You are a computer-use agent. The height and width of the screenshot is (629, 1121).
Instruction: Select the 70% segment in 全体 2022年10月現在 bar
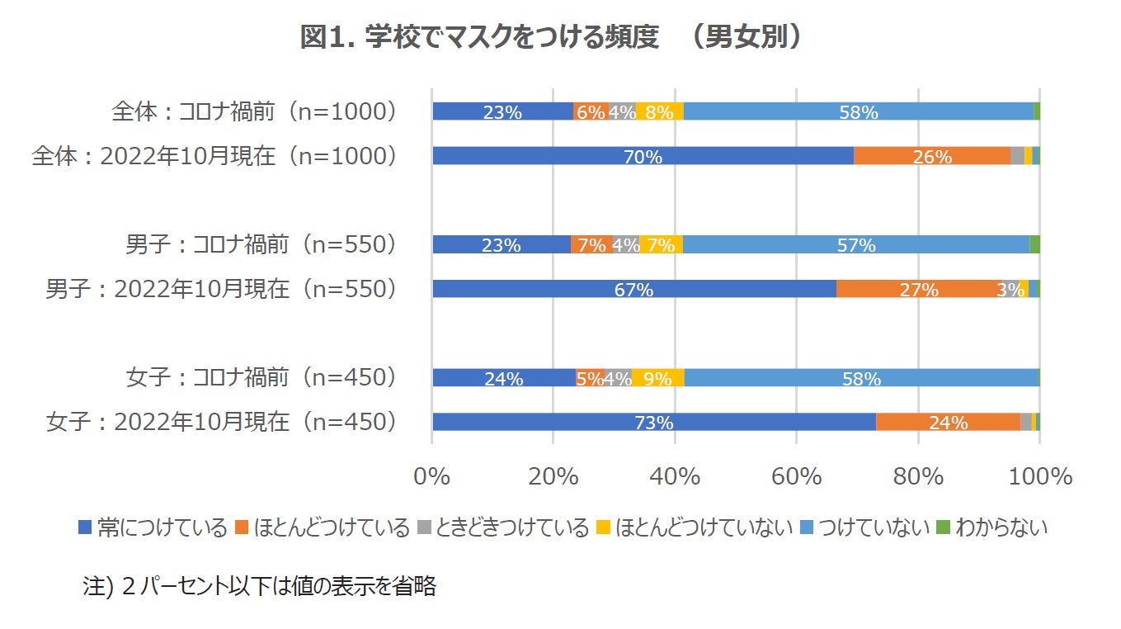click(643, 156)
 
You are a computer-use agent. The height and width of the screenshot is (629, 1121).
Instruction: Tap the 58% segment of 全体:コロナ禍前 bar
click(858, 111)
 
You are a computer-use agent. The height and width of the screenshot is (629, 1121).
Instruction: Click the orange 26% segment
click(932, 156)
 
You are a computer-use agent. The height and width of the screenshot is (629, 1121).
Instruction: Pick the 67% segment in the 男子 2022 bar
click(634, 289)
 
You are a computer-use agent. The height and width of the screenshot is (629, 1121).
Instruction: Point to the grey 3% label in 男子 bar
click(1010, 290)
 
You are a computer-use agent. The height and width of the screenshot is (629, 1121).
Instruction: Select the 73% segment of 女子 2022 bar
click(653, 423)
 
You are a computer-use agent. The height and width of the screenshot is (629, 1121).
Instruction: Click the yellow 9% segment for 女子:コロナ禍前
click(657, 378)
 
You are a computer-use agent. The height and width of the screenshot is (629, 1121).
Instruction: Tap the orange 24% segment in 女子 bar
click(948, 423)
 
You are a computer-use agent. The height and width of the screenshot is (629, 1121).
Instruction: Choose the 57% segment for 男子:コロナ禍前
click(855, 244)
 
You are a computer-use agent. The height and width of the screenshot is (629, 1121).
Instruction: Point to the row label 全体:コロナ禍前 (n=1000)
click(256, 111)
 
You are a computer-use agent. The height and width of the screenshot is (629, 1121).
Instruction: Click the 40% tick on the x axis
click(675, 477)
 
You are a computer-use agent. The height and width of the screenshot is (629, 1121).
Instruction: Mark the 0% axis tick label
click(432, 477)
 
